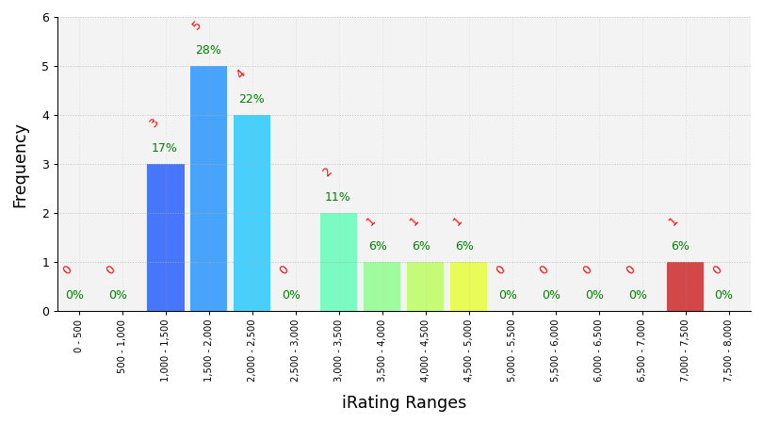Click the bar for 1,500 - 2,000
[208, 188]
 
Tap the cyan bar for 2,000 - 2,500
[252, 213]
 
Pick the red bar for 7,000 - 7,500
[685, 286]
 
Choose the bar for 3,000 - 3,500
[338, 262]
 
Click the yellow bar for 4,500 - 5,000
[468, 286]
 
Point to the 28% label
[208, 50]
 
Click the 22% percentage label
[252, 99]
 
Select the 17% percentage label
[164, 148]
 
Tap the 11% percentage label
[337, 197]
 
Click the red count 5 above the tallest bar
[196, 25]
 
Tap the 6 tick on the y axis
[45, 17]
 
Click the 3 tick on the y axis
[45, 164]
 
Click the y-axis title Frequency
[21, 166]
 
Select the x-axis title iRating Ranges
[403, 403]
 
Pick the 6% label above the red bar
[680, 246]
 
